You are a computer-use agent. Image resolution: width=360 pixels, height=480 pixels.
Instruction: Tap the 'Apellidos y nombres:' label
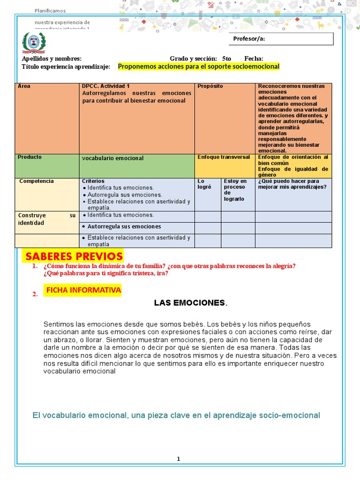52,59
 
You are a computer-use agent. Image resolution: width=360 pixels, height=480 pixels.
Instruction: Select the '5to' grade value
227,59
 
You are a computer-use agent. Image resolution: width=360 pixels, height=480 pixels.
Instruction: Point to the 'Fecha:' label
254,59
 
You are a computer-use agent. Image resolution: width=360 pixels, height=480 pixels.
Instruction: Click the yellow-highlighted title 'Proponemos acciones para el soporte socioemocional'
198,67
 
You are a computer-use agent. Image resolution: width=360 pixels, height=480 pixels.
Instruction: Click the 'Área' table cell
47,118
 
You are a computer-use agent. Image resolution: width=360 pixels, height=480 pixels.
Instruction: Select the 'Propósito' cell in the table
225,118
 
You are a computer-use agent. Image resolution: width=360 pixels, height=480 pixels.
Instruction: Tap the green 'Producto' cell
47,165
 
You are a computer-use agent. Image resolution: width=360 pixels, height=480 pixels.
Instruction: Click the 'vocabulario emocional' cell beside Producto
137,165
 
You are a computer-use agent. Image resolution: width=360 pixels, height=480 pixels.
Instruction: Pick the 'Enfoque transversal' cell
225,165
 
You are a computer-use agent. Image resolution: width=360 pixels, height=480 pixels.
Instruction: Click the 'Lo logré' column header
208,194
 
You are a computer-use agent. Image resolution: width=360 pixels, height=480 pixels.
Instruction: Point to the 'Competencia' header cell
47,194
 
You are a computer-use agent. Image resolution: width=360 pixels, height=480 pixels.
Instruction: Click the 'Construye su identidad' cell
47,222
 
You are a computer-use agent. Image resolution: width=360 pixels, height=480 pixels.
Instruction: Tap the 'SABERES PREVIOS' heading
74,256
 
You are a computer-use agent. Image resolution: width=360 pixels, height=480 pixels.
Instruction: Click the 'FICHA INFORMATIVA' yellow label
83,290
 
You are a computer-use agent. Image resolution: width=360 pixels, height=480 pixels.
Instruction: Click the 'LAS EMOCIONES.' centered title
190,303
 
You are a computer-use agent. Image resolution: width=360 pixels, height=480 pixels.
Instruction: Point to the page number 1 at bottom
178,459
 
